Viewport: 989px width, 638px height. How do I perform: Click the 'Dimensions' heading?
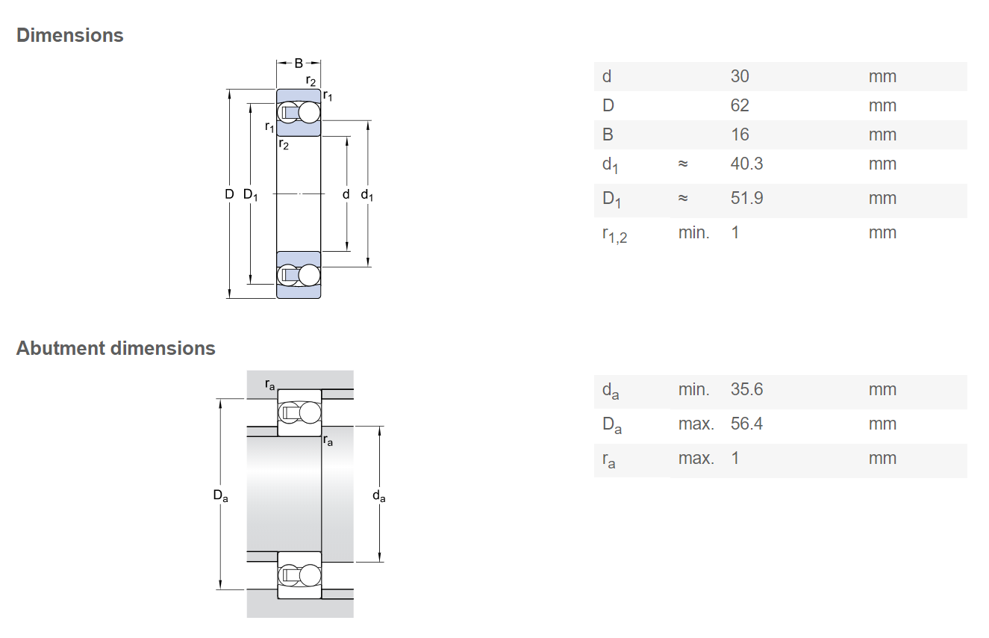(x=69, y=35)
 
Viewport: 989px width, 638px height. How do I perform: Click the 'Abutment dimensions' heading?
(x=116, y=348)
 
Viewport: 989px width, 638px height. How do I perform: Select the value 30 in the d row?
(x=740, y=76)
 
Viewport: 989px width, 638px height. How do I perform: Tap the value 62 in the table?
(x=740, y=105)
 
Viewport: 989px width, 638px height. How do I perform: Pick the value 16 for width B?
(x=740, y=134)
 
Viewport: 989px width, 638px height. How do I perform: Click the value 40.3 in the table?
(x=746, y=164)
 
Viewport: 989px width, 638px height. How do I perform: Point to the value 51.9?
(x=746, y=198)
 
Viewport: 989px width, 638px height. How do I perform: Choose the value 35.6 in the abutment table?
(x=746, y=389)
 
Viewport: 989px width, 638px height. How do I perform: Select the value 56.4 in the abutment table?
(x=746, y=424)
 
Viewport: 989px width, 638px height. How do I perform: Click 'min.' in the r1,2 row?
(x=693, y=233)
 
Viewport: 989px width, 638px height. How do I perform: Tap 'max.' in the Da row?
(x=696, y=424)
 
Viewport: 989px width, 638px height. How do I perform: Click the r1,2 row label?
(x=614, y=235)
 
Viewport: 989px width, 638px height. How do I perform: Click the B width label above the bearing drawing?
(x=299, y=64)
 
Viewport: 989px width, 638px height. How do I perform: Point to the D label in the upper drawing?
(x=229, y=194)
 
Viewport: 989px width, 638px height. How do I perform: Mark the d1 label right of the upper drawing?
(x=367, y=195)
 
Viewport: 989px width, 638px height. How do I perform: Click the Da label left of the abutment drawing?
(x=221, y=496)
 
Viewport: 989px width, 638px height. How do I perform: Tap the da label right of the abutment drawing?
(x=379, y=496)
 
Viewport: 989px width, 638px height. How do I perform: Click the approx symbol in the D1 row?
(x=683, y=198)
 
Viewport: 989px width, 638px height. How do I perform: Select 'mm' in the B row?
(x=882, y=134)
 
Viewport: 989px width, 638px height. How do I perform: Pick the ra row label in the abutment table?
(x=609, y=460)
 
